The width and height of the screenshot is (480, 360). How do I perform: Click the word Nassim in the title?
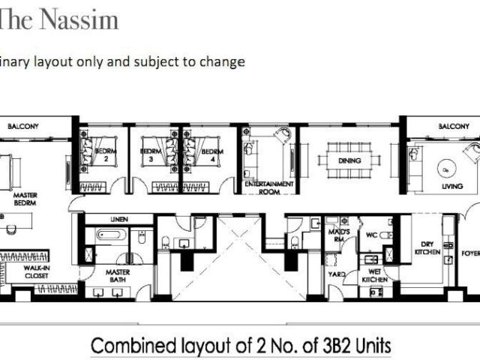click(83, 19)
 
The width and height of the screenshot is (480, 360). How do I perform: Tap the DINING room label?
click(349, 161)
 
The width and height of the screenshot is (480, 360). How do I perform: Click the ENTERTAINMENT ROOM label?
click(268, 187)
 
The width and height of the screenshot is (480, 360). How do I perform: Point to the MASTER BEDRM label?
click(25, 199)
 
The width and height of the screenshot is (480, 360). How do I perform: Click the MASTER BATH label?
click(118, 274)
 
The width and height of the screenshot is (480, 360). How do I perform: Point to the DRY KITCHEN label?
click(426, 247)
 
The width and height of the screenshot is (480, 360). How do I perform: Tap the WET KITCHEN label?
click(374, 274)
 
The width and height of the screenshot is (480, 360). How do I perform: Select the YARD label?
click(336, 274)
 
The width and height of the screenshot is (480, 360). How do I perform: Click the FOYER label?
click(470, 253)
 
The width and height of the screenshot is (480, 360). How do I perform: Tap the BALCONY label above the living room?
click(453, 126)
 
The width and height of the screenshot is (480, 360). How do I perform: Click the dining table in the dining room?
click(349, 161)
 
